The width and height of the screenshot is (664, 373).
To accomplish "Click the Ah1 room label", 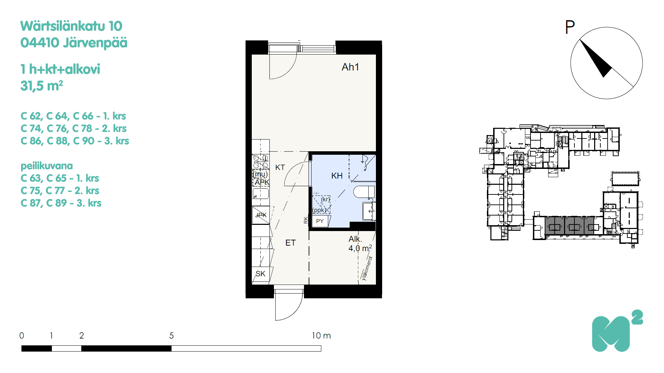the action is pyautogui.click(x=350, y=67).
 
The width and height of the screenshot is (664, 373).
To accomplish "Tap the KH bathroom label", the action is pyautogui.click(x=337, y=176).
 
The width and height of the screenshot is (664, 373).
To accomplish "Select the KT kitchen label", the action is pyautogui.click(x=280, y=168).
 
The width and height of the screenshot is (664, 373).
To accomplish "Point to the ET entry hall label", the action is pyautogui.click(x=290, y=243).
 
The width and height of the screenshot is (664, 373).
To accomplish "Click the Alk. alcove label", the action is pyautogui.click(x=355, y=239).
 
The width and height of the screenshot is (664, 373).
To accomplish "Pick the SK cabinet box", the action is pyautogui.click(x=260, y=274).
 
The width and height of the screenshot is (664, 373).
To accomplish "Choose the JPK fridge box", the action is pyautogui.click(x=261, y=215).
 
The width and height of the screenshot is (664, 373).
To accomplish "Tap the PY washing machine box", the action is pyautogui.click(x=320, y=221).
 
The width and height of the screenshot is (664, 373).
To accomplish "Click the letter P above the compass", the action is pyautogui.click(x=570, y=27).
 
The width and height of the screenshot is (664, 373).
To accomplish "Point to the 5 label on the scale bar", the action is pyautogui.click(x=172, y=336).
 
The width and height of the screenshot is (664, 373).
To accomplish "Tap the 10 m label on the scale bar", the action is pyautogui.click(x=321, y=336).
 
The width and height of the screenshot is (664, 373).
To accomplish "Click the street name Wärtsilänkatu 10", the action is pyautogui.click(x=71, y=26).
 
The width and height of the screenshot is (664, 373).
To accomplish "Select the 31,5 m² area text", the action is pyautogui.click(x=41, y=86).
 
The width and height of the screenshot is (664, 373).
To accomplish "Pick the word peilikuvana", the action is pyautogui.click(x=47, y=166).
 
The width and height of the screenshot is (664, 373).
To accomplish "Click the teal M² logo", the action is pyautogui.click(x=617, y=331).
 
